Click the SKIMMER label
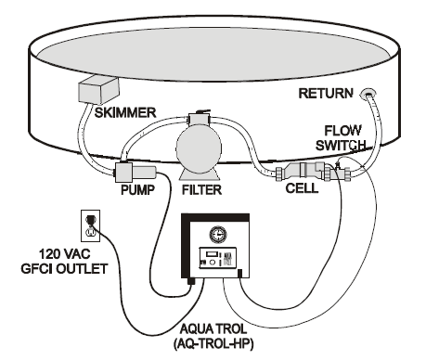click(x=125, y=112)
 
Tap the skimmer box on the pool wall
click(x=98, y=90)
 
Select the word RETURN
click(x=326, y=93)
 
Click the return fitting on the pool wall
click(x=368, y=93)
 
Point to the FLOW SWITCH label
click(x=342, y=137)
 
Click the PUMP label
click(x=137, y=189)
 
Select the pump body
click(x=136, y=173)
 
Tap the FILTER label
click(x=201, y=189)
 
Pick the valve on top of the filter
click(x=199, y=118)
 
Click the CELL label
click(x=302, y=188)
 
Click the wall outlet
click(x=90, y=225)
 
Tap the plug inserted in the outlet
click(x=90, y=221)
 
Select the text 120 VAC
click(x=64, y=254)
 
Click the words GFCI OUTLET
click(x=64, y=268)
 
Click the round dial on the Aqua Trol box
click(x=217, y=235)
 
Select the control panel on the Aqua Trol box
click(x=217, y=258)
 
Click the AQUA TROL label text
click(x=213, y=328)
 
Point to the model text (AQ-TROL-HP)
click(x=213, y=343)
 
